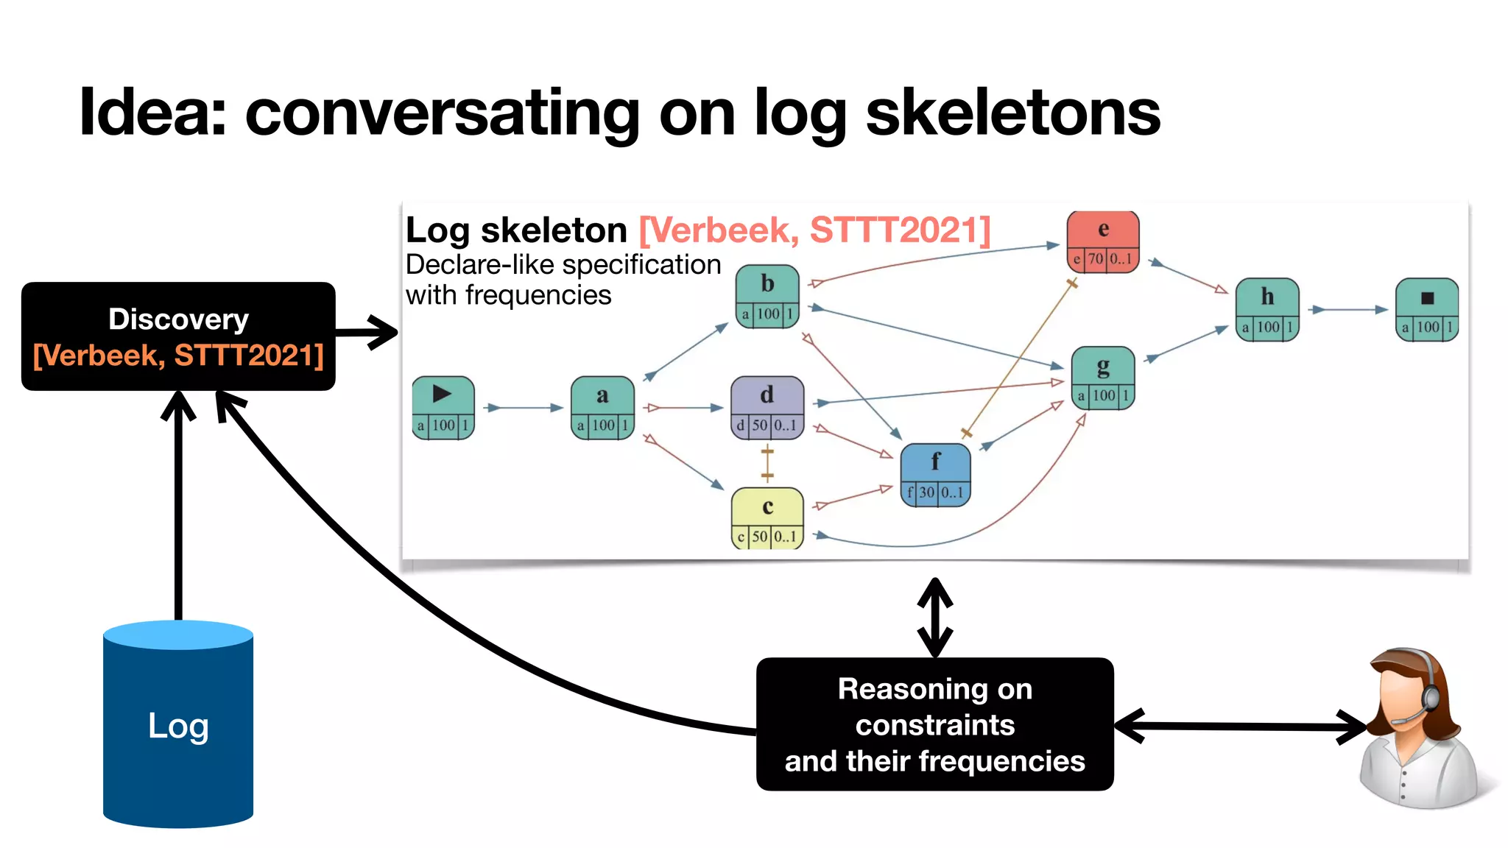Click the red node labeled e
[x=1102, y=241]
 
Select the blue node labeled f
[x=935, y=475]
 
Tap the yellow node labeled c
[x=767, y=518]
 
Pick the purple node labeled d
[x=767, y=407]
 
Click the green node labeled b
[x=767, y=296]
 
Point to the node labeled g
[x=1102, y=378]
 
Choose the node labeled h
[x=1266, y=309]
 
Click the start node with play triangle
[x=443, y=407]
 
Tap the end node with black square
[x=1426, y=309]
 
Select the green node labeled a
[x=602, y=407]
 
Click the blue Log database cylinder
[x=178, y=724]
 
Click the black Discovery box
[x=178, y=336]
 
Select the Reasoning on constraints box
[x=934, y=724]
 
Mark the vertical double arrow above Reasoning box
[x=935, y=617]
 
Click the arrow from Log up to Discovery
[x=178, y=508]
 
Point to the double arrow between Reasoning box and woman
[x=1241, y=727]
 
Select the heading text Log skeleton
[x=515, y=230]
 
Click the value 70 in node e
[x=1096, y=259]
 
